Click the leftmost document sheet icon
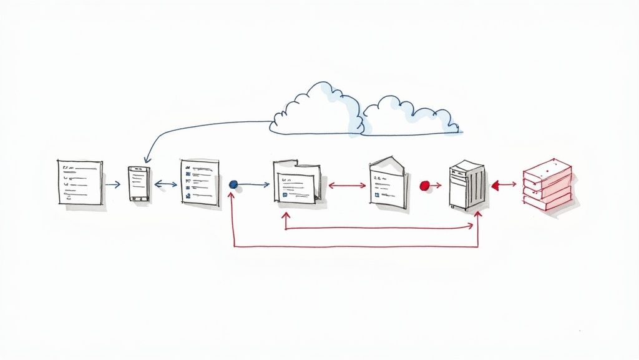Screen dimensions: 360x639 click(x=80, y=182)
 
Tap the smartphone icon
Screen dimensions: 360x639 click(x=139, y=183)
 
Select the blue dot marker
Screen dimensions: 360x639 click(x=233, y=184)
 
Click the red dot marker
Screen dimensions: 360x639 click(x=425, y=185)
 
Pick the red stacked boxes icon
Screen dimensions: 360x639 click(x=547, y=184)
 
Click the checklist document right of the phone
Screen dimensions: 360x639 click(x=200, y=182)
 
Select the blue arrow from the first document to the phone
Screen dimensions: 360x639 click(x=113, y=184)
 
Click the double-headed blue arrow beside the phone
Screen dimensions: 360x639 click(x=165, y=184)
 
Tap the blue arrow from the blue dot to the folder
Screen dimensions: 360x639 click(x=255, y=184)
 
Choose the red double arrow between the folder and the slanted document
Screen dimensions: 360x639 click(x=347, y=185)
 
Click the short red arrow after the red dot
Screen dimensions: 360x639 click(x=436, y=185)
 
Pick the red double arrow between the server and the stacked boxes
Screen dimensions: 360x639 click(x=504, y=184)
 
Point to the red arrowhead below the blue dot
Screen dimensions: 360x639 click(x=233, y=196)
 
